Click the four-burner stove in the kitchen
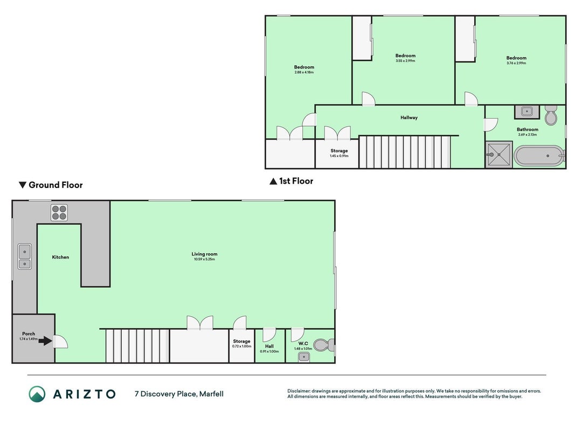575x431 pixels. tap(59, 213)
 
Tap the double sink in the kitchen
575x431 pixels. tap(25, 256)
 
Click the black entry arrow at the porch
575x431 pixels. tap(45, 341)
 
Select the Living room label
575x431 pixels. tap(204, 254)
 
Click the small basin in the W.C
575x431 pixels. tap(303, 357)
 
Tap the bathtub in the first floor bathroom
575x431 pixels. tap(539, 156)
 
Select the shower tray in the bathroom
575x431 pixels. tap(498, 155)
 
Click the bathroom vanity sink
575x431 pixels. tap(527, 112)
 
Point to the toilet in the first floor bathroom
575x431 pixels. tap(551, 115)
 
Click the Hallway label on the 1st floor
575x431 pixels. tap(409, 117)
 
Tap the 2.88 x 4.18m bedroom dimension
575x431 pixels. tap(304, 72)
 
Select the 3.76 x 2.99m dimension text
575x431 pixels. tap(516, 63)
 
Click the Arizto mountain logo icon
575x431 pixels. tap(37, 394)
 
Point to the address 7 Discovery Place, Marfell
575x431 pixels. tap(179, 394)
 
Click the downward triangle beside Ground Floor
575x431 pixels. tap(23, 185)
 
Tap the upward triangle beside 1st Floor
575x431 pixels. tap(273, 181)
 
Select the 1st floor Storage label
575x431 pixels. tap(339, 151)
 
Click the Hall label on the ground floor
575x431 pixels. tap(269, 346)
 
